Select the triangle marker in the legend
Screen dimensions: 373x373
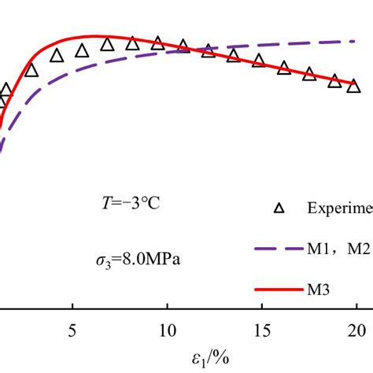tap(276, 209)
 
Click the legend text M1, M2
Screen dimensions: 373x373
tap(339, 249)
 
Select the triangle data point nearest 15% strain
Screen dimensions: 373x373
tap(259, 61)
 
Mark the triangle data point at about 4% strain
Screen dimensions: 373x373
tap(57, 55)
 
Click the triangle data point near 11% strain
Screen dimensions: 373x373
tap(183, 46)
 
